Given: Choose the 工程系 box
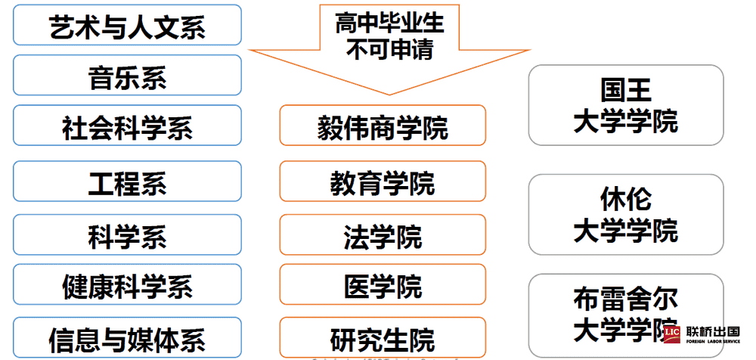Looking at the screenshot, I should pos(127,182).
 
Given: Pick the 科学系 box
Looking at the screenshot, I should pos(127,235).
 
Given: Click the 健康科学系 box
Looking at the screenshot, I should pos(127,284).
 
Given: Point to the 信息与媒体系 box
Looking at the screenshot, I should pos(127,337).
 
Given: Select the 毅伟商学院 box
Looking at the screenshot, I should pos(382,126).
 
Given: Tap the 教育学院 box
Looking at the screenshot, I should pos(382,182).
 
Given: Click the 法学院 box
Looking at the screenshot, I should pos(382,235).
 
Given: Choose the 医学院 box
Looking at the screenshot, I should pos(382,284).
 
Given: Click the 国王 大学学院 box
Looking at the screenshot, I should pos(625,105).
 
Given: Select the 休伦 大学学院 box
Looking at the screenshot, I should pos(625,215).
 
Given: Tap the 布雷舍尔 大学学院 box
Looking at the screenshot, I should pos(625,314).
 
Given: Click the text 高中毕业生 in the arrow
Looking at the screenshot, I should pos(389,23).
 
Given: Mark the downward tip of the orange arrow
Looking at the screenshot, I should pos(389,93).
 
